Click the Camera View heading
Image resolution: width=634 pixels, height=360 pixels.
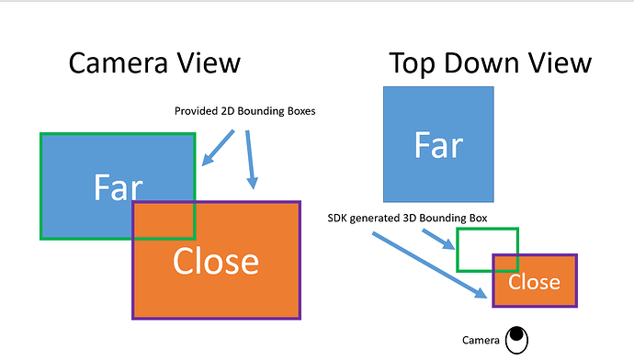point(154,63)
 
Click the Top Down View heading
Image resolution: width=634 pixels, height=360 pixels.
point(490,64)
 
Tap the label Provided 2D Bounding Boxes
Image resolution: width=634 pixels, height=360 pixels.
point(244,111)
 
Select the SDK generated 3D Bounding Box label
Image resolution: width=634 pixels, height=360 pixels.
point(407,219)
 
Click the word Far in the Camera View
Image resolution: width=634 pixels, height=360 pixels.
point(118,187)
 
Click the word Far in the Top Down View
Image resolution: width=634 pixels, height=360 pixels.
point(438,145)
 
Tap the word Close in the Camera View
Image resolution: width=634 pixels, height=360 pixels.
point(216,261)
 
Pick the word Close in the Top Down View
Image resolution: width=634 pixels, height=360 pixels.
point(534,282)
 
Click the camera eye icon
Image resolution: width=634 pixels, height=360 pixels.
point(516,340)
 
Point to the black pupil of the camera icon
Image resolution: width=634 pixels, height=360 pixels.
point(516,334)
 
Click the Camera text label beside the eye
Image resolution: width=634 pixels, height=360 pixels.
point(481,341)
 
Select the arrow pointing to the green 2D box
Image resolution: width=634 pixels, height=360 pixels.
point(218,148)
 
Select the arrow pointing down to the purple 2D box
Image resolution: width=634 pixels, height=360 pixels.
point(251,160)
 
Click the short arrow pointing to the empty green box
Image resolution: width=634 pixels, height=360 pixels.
point(438,239)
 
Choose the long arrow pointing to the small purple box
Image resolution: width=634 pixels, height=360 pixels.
point(430,265)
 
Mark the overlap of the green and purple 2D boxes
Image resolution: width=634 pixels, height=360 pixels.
point(164,220)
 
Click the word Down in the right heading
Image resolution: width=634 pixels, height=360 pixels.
point(481,63)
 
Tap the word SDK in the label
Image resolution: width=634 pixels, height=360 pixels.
point(337,219)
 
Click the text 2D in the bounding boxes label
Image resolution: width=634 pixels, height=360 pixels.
point(228,111)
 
